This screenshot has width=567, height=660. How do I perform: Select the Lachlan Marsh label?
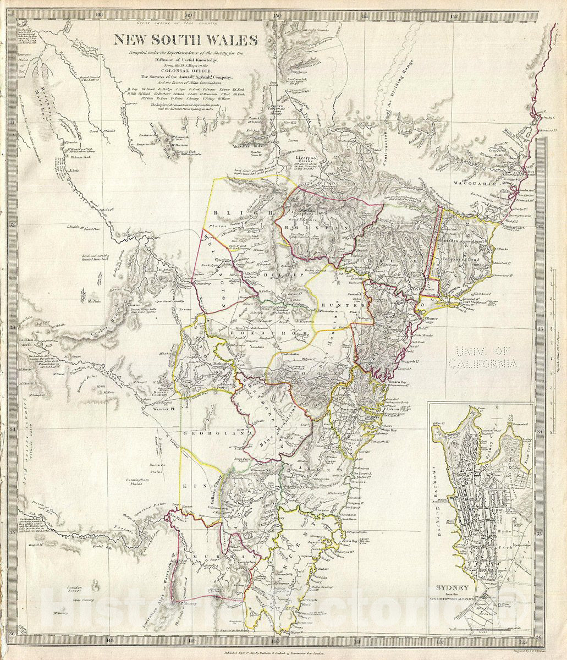tap(26, 344)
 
